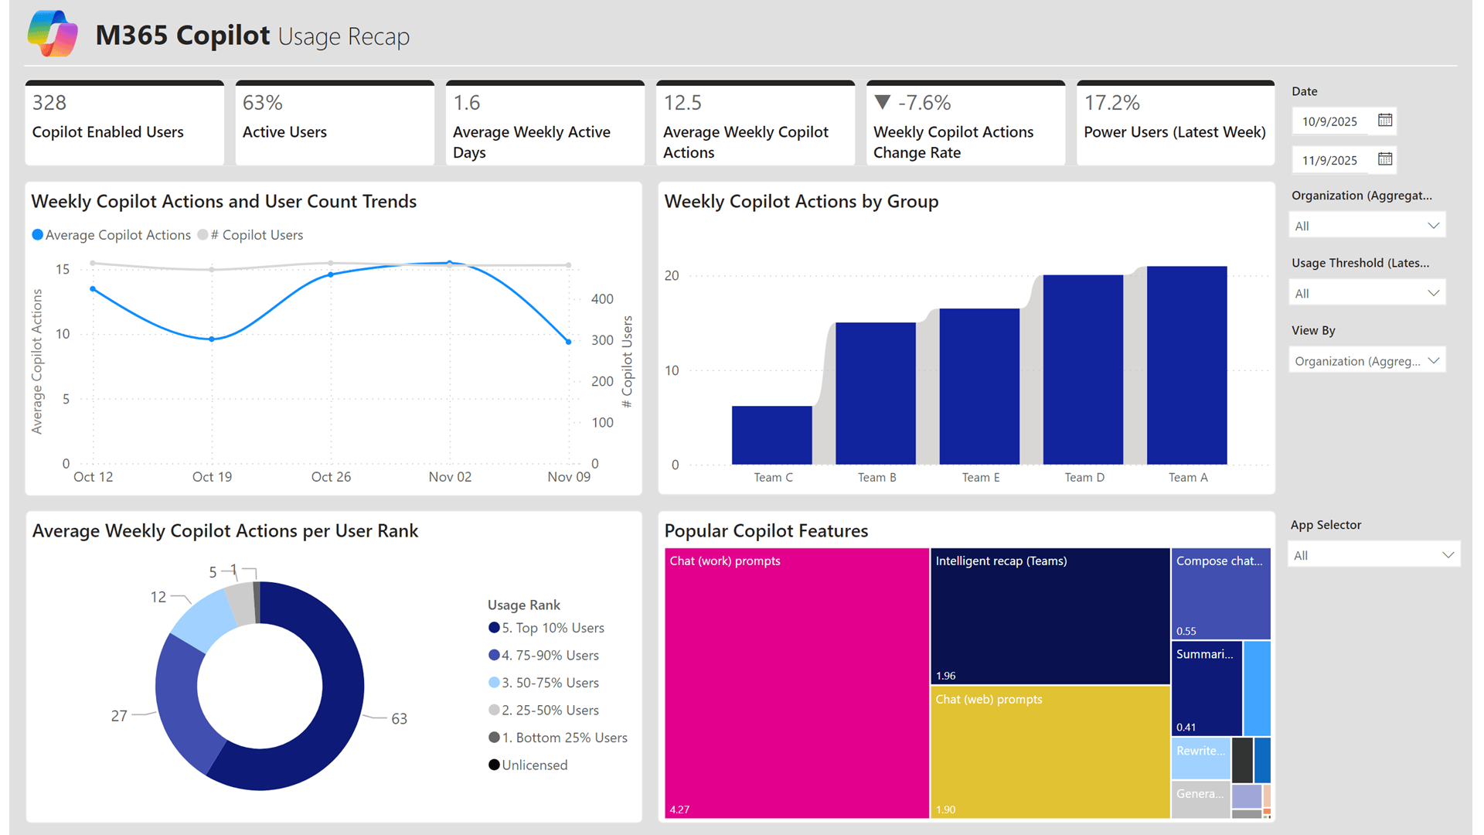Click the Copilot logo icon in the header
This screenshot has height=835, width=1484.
53,34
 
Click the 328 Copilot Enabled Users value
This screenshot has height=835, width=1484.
49,103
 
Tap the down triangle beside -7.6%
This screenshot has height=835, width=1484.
883,102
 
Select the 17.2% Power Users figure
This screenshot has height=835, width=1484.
1111,103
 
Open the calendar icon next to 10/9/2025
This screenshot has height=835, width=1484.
1385,121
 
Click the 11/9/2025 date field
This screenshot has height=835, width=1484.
1329,160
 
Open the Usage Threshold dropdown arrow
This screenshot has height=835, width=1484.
1433,293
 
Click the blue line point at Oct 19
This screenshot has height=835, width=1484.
212,339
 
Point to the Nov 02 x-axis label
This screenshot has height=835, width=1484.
450,477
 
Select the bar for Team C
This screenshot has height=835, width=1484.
771,435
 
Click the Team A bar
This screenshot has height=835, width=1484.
1186,365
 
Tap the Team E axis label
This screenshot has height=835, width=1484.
980,478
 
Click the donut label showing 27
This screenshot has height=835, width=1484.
119,716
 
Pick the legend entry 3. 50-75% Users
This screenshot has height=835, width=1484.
550,683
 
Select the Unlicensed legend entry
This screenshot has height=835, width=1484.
533,765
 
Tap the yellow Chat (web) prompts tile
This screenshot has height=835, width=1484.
1050,751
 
